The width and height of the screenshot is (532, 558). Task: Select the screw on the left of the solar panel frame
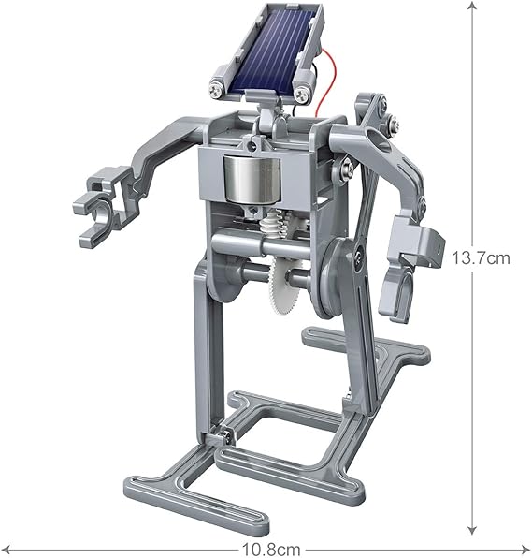point(217,90)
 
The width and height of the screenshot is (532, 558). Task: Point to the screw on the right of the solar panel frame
point(301,94)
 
